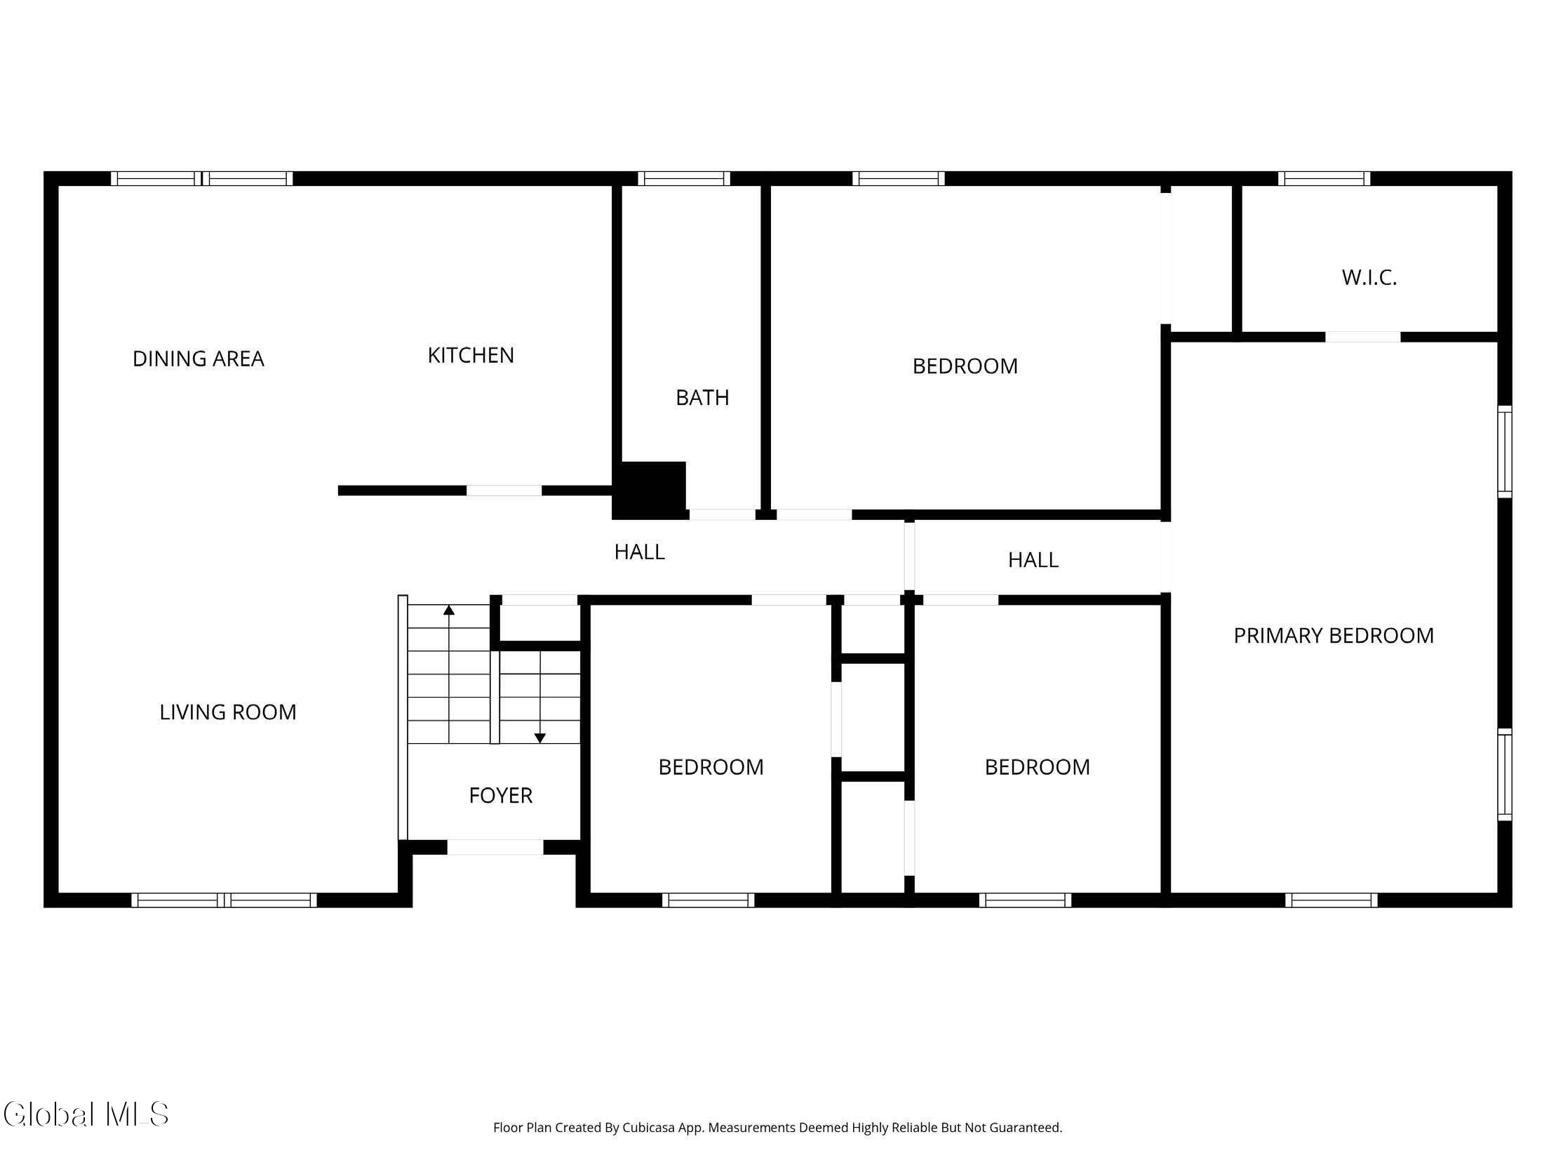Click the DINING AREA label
(x=199, y=359)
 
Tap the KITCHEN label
(x=471, y=355)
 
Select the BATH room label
(x=702, y=397)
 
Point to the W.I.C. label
(x=1369, y=277)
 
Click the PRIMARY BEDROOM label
(x=1334, y=635)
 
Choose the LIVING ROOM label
(x=228, y=712)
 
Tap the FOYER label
(x=501, y=795)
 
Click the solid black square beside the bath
(x=651, y=489)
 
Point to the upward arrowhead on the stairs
(x=449, y=610)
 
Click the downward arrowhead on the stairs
(x=539, y=738)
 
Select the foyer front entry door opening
(x=495, y=847)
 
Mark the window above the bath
(x=684, y=179)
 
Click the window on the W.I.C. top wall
(x=1324, y=179)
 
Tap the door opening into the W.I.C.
(x=1362, y=337)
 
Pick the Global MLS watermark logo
(x=86, y=1114)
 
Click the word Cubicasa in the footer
(x=649, y=1128)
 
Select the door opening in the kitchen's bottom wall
(x=504, y=491)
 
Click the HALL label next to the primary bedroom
(x=1033, y=560)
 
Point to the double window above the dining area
(x=202, y=179)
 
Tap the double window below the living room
(x=224, y=900)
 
